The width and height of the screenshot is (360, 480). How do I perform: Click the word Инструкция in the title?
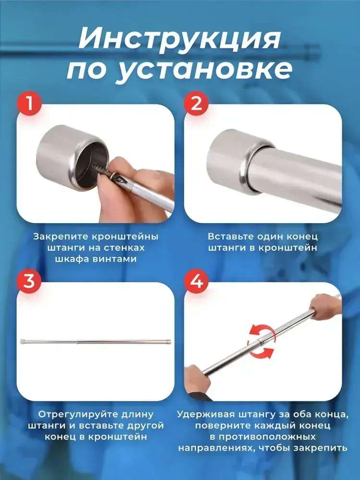pyautogui.click(x=180, y=39)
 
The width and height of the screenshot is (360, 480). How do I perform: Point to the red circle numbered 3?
pyautogui.click(x=29, y=281)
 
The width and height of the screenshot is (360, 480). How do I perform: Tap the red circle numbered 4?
pyautogui.click(x=196, y=281)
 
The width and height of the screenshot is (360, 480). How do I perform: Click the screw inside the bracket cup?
pyautogui.click(x=101, y=170)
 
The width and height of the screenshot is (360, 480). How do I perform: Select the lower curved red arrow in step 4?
pyautogui.click(x=261, y=352)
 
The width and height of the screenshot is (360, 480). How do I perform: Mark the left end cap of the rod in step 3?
pyautogui.click(x=22, y=342)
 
